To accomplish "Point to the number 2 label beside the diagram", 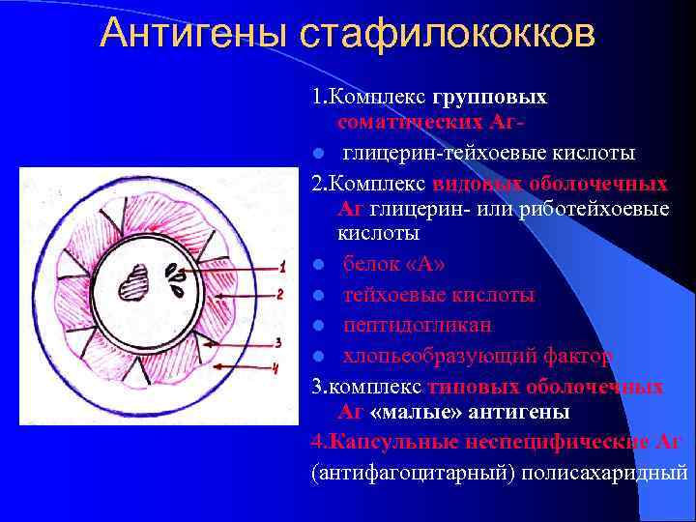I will [279, 293].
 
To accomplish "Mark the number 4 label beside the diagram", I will [275, 366].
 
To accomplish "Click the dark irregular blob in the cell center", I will [131, 285].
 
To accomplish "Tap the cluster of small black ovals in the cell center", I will [176, 279].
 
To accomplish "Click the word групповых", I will [490, 98].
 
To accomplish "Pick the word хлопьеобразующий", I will [434, 357].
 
